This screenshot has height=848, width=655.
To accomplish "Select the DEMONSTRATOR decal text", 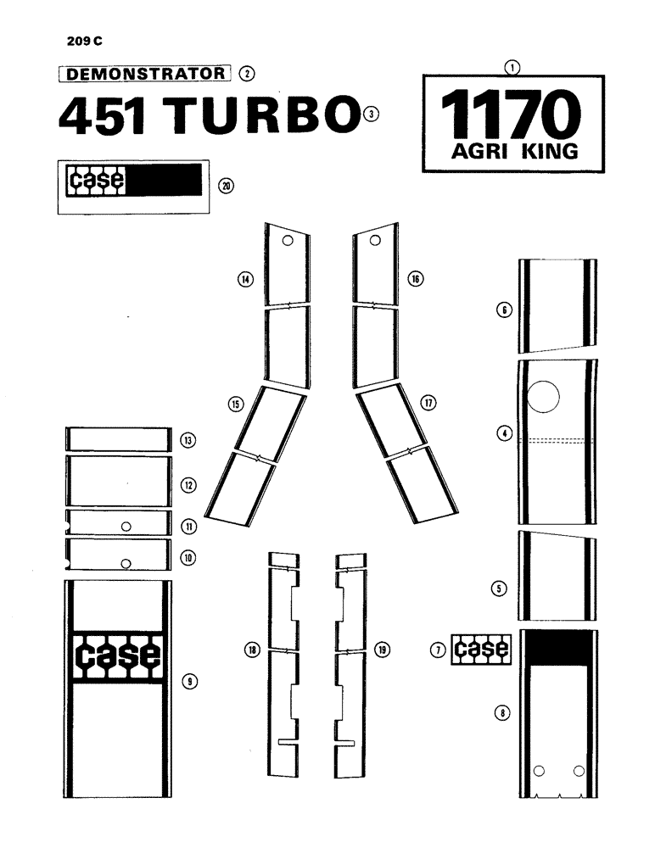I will click(144, 73).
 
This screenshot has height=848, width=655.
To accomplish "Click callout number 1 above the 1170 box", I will click(512, 65).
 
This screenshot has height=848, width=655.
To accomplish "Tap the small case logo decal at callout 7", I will click(481, 650).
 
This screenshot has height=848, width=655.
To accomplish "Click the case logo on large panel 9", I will click(118, 656).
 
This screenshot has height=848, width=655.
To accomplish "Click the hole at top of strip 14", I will click(288, 242).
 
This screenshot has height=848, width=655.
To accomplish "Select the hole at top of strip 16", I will click(373, 242).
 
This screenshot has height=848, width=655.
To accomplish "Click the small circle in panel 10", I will click(126, 562).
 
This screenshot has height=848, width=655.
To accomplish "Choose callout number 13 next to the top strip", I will click(188, 440).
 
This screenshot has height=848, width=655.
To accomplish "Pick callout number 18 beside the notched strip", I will click(251, 650).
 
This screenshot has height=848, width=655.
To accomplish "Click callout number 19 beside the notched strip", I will click(383, 650).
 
